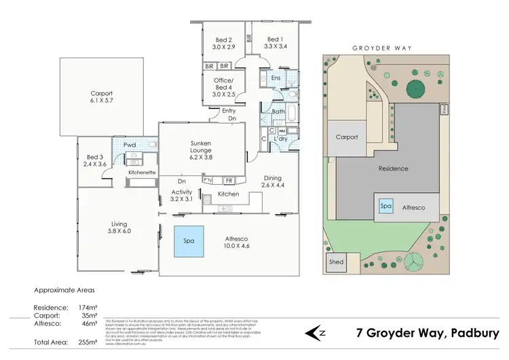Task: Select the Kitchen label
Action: tap(229, 195)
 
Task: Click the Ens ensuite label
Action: tap(276, 79)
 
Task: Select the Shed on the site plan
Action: tap(336, 262)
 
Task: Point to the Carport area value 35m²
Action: tap(88, 315)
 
